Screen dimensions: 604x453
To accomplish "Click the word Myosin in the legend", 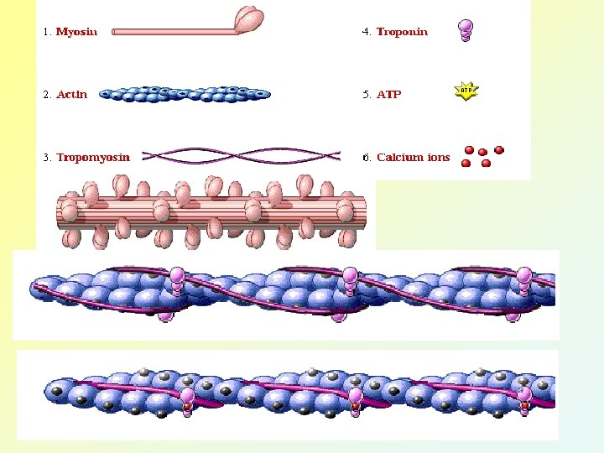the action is (x=76, y=32).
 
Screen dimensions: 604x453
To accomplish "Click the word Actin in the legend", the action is (x=71, y=94).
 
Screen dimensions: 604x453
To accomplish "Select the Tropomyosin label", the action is (x=93, y=157).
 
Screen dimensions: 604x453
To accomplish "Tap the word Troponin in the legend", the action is (x=402, y=32).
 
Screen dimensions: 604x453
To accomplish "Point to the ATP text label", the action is (x=388, y=94).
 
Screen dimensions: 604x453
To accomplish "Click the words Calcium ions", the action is (x=413, y=157).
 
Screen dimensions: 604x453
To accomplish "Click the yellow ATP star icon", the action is (x=466, y=91).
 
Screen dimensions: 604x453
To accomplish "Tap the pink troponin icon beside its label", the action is (x=466, y=30).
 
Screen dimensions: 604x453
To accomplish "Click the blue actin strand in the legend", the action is (x=185, y=94).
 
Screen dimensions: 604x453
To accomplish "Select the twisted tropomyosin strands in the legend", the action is (x=242, y=155).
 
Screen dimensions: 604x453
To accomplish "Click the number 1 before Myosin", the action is (x=46, y=32).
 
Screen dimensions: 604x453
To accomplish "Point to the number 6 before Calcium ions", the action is (x=366, y=157).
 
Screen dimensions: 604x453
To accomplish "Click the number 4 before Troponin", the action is (x=366, y=32).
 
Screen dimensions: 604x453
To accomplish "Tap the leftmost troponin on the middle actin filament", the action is (x=177, y=280).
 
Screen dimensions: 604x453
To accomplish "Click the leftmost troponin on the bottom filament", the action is (x=187, y=401).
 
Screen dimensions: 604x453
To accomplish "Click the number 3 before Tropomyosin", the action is (x=46, y=157).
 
